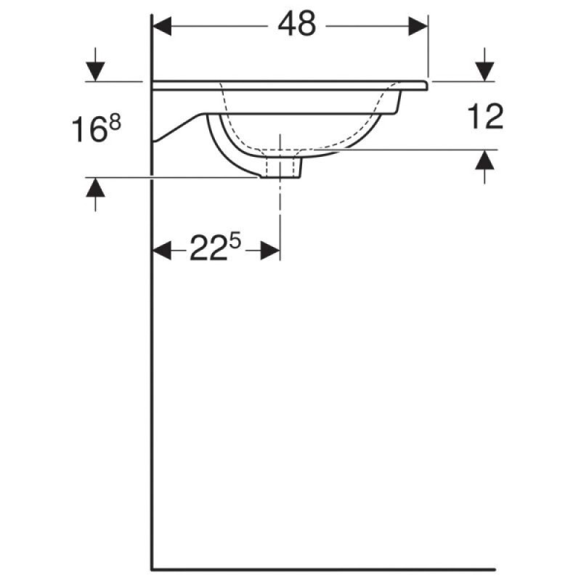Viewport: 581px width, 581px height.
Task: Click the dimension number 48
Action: [x=297, y=24]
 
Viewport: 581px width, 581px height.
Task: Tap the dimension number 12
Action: [x=485, y=116]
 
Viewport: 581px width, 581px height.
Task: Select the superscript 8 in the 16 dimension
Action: [x=115, y=123]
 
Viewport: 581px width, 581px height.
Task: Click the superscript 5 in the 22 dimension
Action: [x=235, y=242]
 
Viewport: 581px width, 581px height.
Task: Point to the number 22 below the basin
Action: [x=208, y=248]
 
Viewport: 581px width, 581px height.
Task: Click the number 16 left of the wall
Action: [x=89, y=129]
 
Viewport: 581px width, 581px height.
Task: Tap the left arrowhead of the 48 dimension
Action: [x=162, y=26]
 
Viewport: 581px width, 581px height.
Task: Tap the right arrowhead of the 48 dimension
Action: [x=418, y=26]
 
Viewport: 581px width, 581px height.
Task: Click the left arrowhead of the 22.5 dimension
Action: [x=162, y=250]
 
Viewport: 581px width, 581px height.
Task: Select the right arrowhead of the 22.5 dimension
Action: [x=270, y=250]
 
